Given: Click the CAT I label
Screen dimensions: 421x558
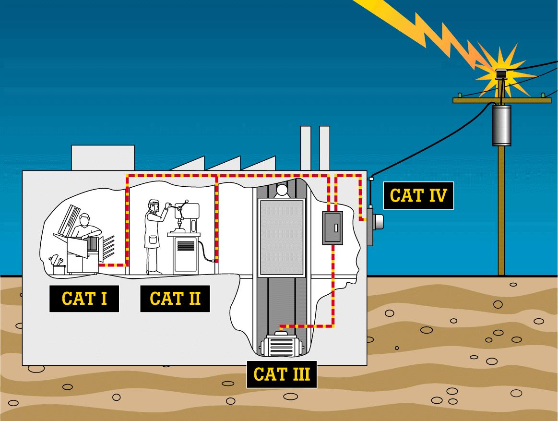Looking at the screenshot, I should coord(84,299).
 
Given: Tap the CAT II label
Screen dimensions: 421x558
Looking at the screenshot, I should coord(175,299).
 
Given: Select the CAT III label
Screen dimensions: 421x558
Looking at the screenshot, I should coord(282,374).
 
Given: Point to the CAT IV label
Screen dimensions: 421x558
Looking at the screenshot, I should coord(418,195).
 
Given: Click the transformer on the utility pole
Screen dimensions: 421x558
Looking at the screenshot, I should coord(501,125).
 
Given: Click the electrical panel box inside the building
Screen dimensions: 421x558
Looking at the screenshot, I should coord(332,228).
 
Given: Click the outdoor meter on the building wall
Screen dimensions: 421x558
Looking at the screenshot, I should coord(375,221).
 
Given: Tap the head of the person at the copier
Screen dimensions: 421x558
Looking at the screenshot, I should coord(85,220).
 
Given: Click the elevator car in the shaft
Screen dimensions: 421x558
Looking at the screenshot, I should coord(281,238).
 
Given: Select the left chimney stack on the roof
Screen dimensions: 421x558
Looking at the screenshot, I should coord(306,148).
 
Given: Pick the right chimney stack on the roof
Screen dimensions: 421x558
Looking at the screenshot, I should coord(324,148).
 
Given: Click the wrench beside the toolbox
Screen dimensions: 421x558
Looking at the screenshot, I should coord(55,261).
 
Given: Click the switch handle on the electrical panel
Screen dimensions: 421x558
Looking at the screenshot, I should coord(336,228).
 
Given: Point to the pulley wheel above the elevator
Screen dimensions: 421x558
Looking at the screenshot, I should coord(281,191).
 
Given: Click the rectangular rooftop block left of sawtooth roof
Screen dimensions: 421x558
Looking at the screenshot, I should coord(103,157).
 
